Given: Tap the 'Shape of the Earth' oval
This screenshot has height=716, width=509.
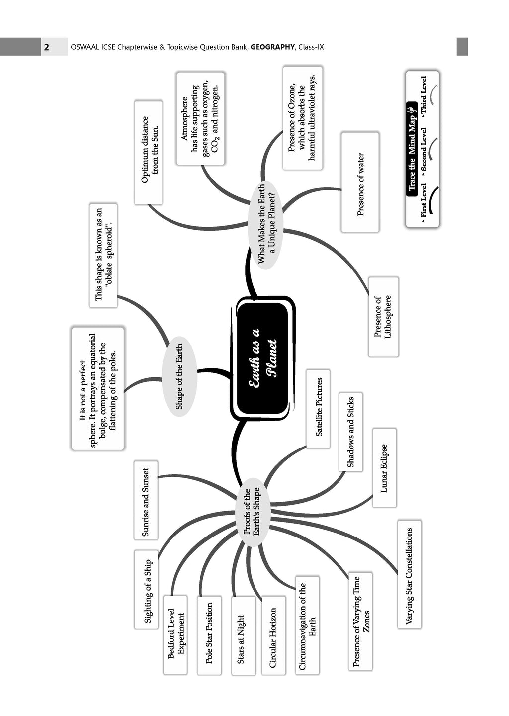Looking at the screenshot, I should (x=179, y=376).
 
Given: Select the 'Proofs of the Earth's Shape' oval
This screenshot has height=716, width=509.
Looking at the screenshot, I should (x=252, y=512).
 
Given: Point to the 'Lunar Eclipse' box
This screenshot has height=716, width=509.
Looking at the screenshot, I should (x=384, y=467).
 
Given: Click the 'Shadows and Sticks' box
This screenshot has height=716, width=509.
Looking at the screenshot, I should (x=350, y=432).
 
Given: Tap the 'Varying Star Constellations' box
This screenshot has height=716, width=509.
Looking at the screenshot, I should (x=409, y=575).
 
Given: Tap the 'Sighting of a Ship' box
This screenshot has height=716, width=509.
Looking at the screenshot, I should (x=147, y=590).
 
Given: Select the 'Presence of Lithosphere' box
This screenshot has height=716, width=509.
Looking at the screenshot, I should (x=383, y=317).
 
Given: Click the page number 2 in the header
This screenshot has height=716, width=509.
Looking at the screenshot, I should (x=46, y=47).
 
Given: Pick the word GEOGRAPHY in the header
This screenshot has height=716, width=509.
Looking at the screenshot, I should (x=272, y=47).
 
